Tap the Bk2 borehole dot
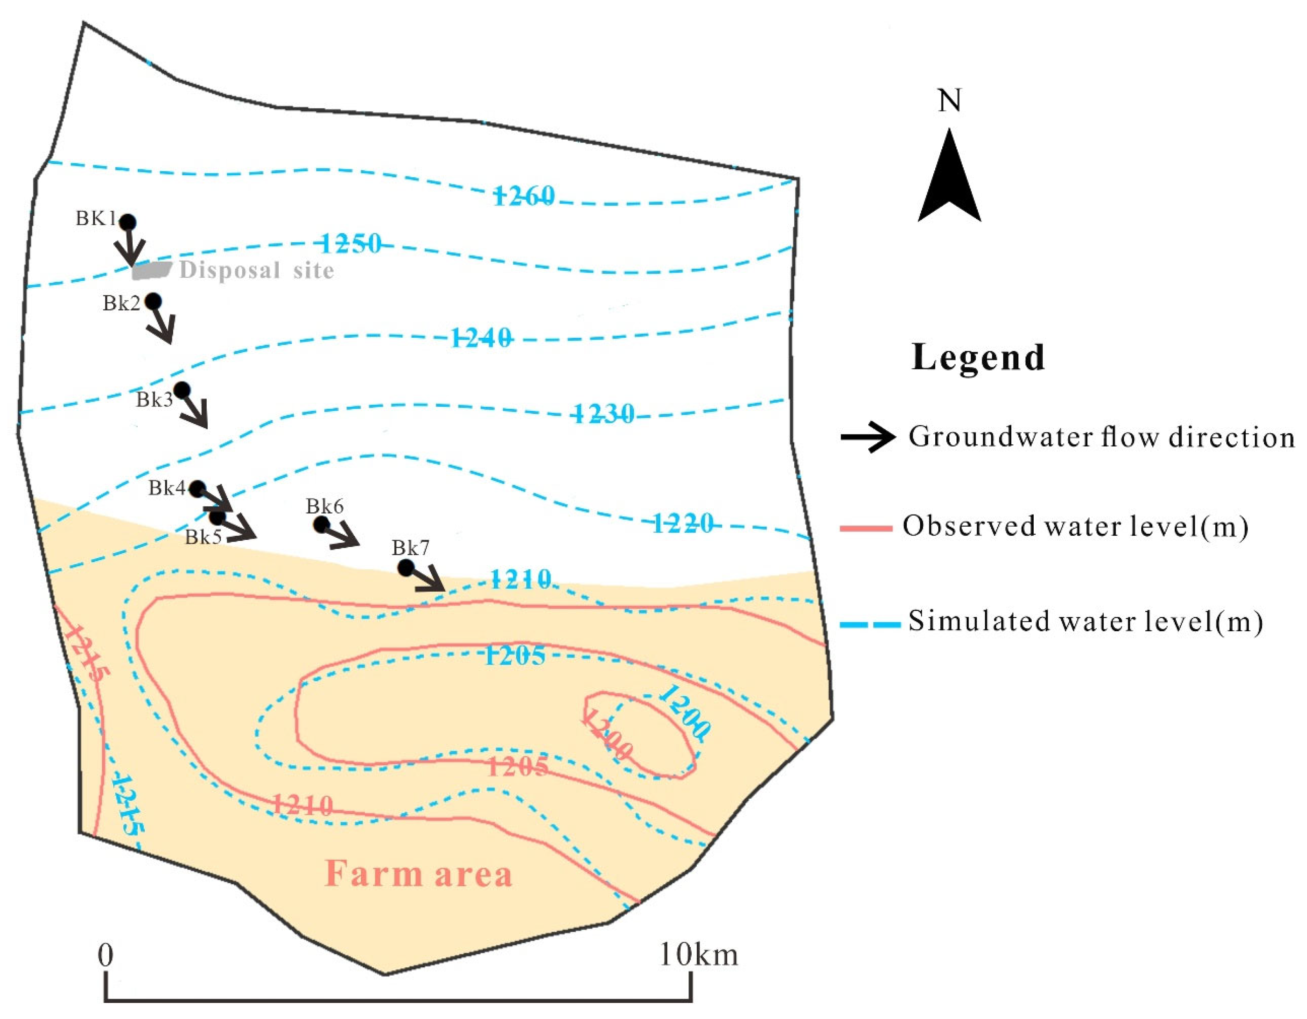click(x=153, y=301)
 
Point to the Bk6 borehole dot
click(x=322, y=525)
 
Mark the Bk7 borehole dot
click(x=406, y=567)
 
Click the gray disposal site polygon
click(x=151, y=270)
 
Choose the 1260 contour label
click(x=523, y=196)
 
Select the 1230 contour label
click(x=604, y=413)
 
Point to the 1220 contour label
click(x=682, y=524)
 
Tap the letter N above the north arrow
click(x=949, y=101)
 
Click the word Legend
click(x=978, y=358)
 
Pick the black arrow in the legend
click(x=868, y=437)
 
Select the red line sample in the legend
click(x=866, y=528)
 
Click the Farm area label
click(x=418, y=874)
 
